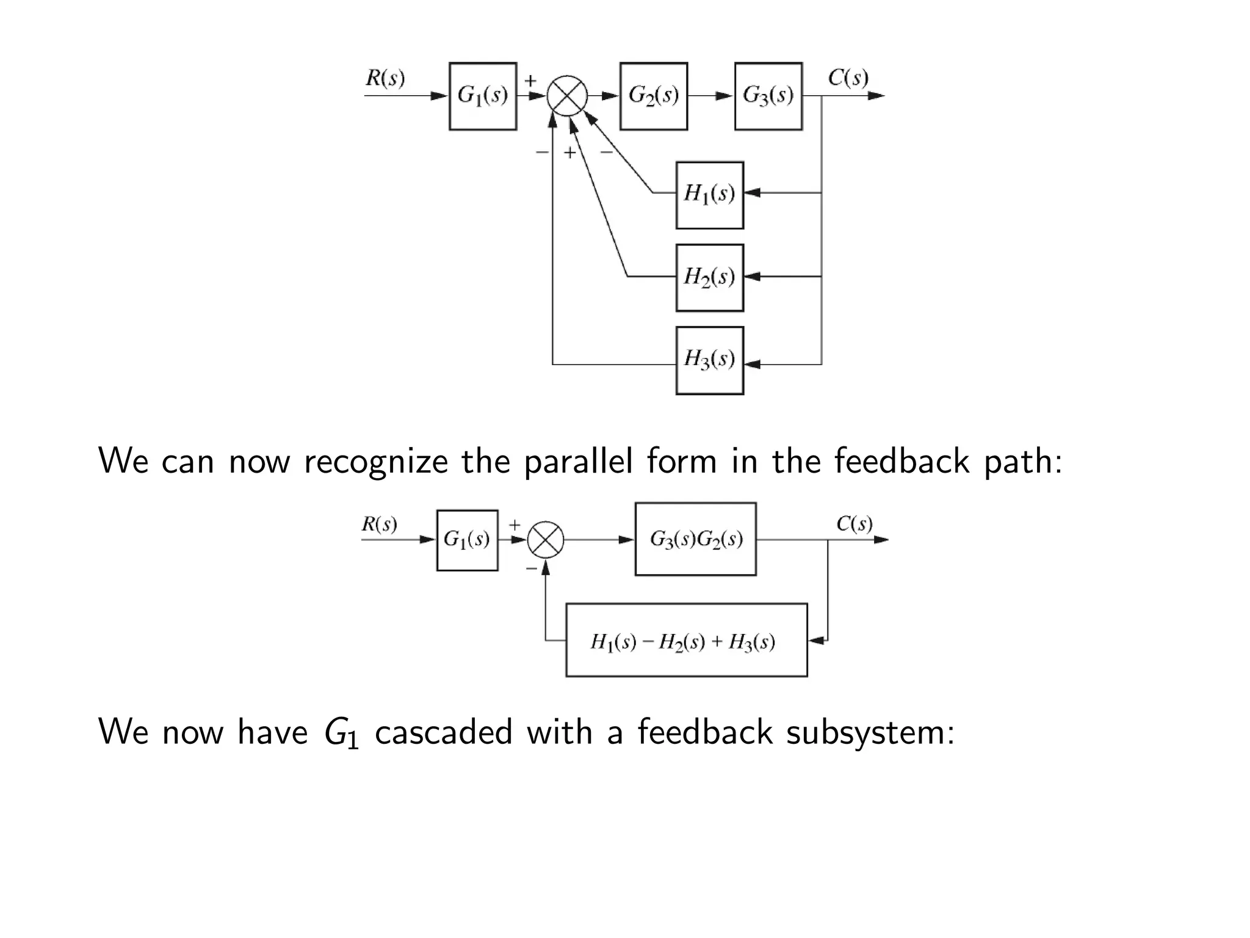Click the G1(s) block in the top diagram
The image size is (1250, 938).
pos(483,96)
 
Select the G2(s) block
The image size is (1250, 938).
pos(654,96)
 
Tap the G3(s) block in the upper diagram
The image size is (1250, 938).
pos(768,96)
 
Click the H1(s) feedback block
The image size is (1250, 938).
pos(709,195)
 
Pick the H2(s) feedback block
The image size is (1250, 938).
pos(709,277)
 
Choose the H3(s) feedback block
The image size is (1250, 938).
pos(709,360)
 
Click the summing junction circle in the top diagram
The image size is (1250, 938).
pos(567,96)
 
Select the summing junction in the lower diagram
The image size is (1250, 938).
pos(545,540)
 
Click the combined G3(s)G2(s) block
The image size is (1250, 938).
pos(695,539)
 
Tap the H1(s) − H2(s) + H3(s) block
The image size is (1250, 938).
pos(686,640)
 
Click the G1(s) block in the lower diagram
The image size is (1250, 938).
pos(467,540)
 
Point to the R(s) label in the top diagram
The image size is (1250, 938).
pos(385,78)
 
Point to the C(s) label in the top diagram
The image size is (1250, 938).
pos(848,78)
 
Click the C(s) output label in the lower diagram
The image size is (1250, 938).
pos(854,524)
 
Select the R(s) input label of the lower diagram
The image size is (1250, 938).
pos(379,524)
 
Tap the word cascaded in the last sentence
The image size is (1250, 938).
pos(443,732)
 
